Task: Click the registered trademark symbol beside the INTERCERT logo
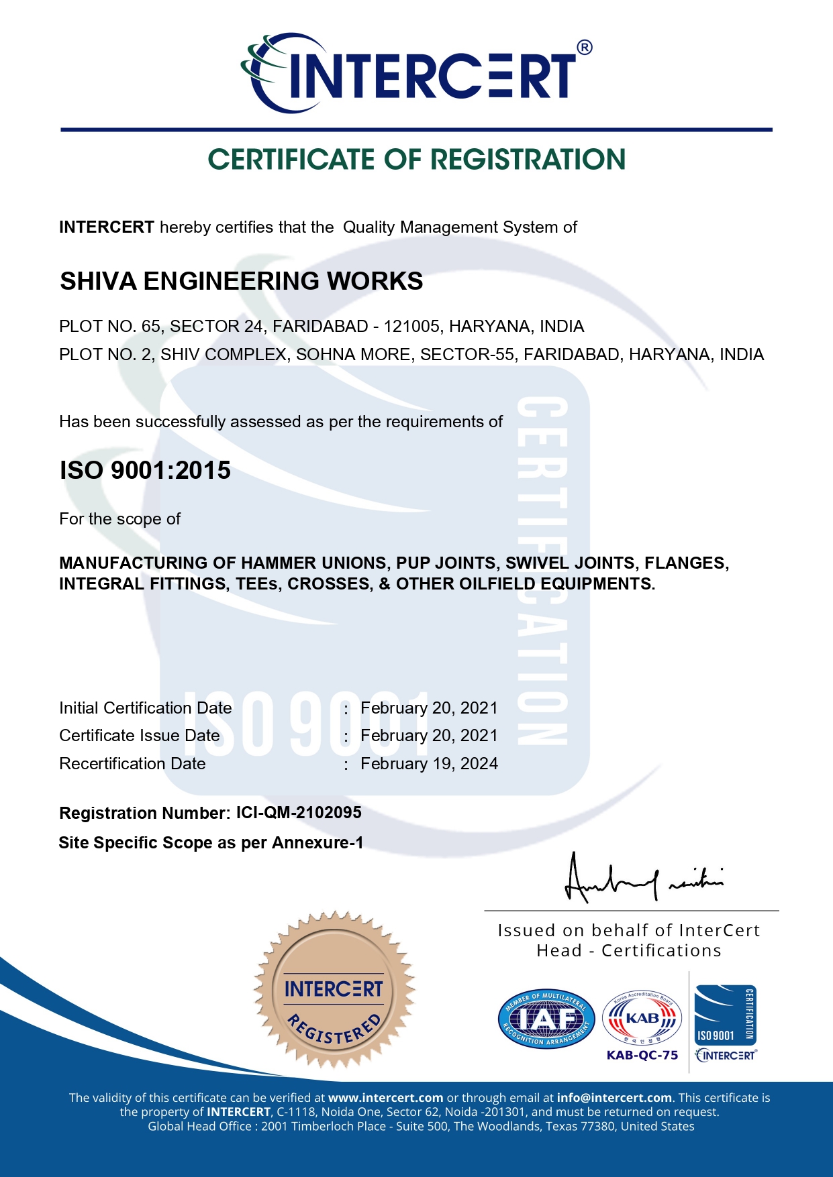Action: pyautogui.click(x=584, y=48)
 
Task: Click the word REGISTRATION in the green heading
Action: pyautogui.click(x=528, y=160)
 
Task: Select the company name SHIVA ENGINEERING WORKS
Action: pyautogui.click(x=242, y=281)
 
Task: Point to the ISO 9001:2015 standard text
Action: pyautogui.click(x=145, y=470)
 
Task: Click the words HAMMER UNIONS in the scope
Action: pyautogui.click(x=314, y=563)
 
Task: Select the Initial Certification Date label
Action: pyautogui.click(x=146, y=708)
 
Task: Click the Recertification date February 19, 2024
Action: pyautogui.click(x=429, y=764)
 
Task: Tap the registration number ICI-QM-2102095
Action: pyautogui.click(x=299, y=813)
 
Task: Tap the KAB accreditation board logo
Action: pyautogui.click(x=642, y=1019)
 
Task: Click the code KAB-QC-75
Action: pyautogui.click(x=642, y=1055)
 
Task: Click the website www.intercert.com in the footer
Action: pyautogui.click(x=385, y=1098)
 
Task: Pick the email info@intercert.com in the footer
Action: pyautogui.click(x=614, y=1098)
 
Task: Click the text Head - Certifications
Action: pyautogui.click(x=629, y=951)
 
